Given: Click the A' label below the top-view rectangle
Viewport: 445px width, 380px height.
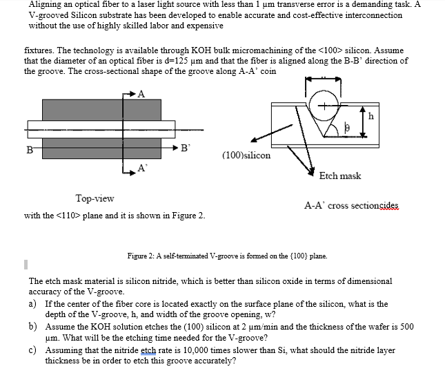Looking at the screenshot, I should point(142,168).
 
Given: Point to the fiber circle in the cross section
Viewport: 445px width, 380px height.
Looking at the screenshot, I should point(324,107).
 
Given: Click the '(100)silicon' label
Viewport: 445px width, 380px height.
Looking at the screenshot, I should point(246,155).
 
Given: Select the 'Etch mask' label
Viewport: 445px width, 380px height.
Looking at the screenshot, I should point(339,175).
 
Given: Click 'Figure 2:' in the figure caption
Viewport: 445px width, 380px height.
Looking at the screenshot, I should point(143,256).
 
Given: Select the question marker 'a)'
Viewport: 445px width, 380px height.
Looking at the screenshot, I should point(33,303).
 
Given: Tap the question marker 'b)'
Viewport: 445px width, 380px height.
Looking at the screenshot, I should point(33,326).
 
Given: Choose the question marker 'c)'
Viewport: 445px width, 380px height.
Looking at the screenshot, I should point(33,350).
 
